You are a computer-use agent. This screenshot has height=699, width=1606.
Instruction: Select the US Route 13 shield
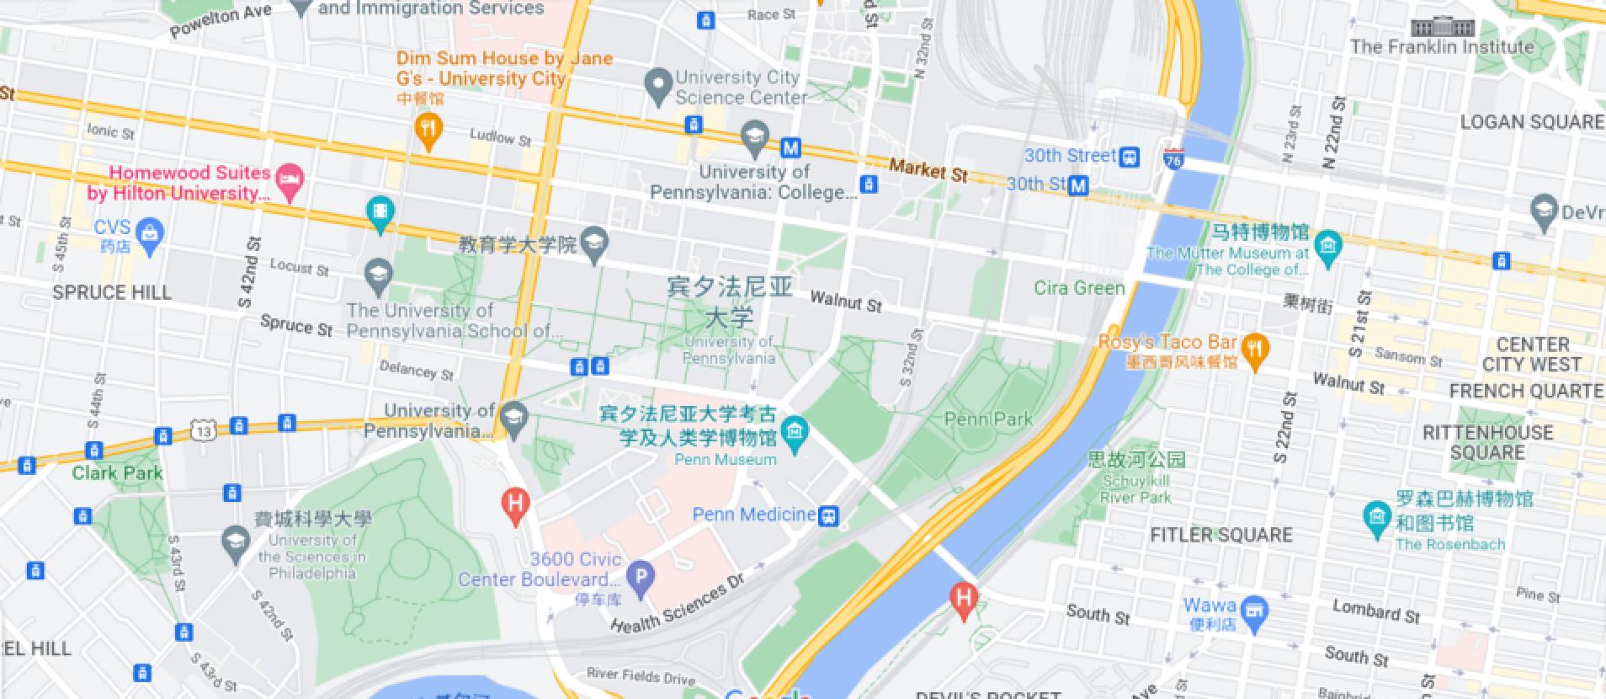[x=202, y=431]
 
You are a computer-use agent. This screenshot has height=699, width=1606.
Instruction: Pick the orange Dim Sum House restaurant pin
[x=429, y=131]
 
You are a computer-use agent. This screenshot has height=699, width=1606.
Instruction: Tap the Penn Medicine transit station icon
[x=829, y=515]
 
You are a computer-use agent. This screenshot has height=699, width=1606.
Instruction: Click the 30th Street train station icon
[x=1130, y=156]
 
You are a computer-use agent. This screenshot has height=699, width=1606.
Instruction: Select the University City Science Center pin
[x=657, y=85]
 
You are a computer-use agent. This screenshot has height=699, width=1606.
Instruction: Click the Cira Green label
[x=1079, y=288]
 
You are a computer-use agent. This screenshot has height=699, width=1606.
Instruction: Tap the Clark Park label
[x=117, y=472]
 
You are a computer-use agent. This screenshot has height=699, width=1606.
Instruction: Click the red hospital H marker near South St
[x=963, y=599]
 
